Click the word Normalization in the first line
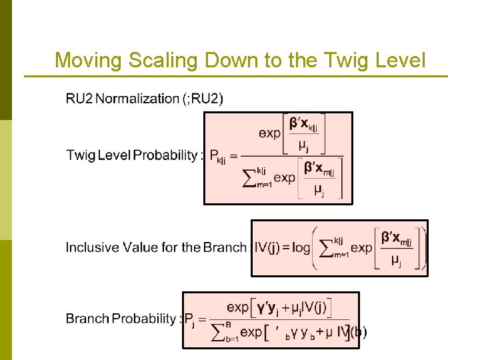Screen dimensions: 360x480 137,99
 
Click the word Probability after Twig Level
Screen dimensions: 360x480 165,155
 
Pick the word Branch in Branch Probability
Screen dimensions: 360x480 87,319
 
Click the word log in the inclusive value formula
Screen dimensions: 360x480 301,247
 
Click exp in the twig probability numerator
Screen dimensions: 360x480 270,133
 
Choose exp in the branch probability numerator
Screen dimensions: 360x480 238,307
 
